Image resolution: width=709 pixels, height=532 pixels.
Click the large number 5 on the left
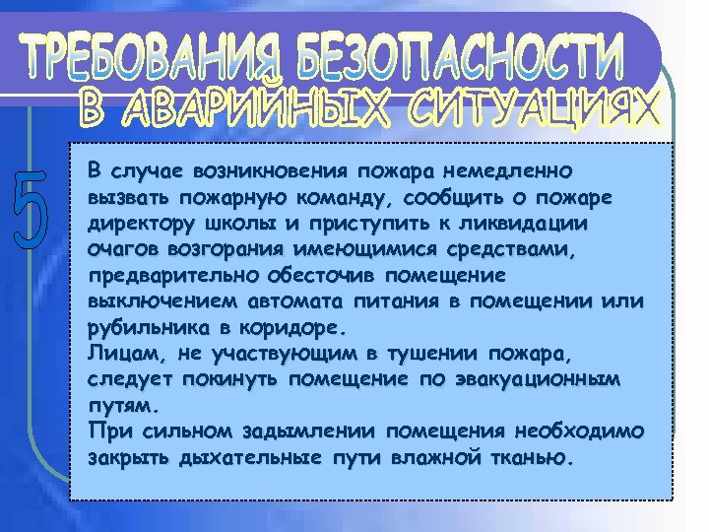pos(32,210)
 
